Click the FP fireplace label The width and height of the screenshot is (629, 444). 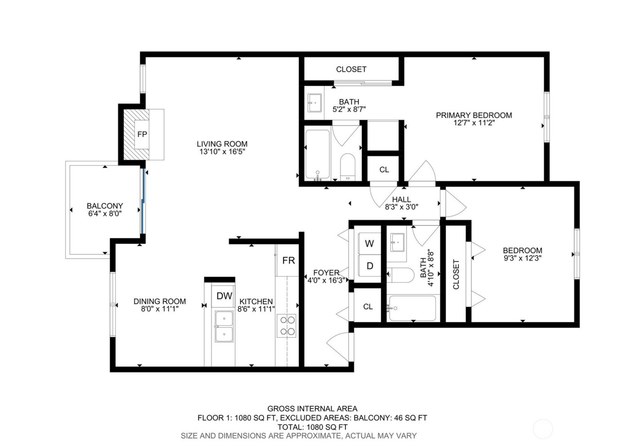coord(142,134)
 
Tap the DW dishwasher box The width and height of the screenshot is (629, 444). coord(224,296)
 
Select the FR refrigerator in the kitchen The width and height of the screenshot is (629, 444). coord(288,260)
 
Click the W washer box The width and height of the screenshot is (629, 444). coord(369,244)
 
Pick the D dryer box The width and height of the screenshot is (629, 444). coord(369,266)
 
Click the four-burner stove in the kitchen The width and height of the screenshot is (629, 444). coord(288,326)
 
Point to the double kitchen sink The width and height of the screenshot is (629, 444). coord(224,326)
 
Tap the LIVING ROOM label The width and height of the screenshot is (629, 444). coord(222,144)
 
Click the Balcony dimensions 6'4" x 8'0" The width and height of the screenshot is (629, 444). coord(105,214)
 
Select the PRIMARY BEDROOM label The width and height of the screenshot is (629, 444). coord(474,115)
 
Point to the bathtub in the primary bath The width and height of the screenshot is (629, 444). coord(317,154)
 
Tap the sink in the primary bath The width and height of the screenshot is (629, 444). coord(314,104)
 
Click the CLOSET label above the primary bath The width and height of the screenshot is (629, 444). coord(351,69)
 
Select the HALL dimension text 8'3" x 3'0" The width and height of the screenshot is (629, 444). coord(401,207)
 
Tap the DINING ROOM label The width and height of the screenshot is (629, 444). coord(159,301)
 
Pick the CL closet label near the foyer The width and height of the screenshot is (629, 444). coord(368,307)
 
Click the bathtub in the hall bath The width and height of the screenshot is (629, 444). coord(412,308)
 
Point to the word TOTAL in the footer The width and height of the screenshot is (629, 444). coord(290,426)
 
